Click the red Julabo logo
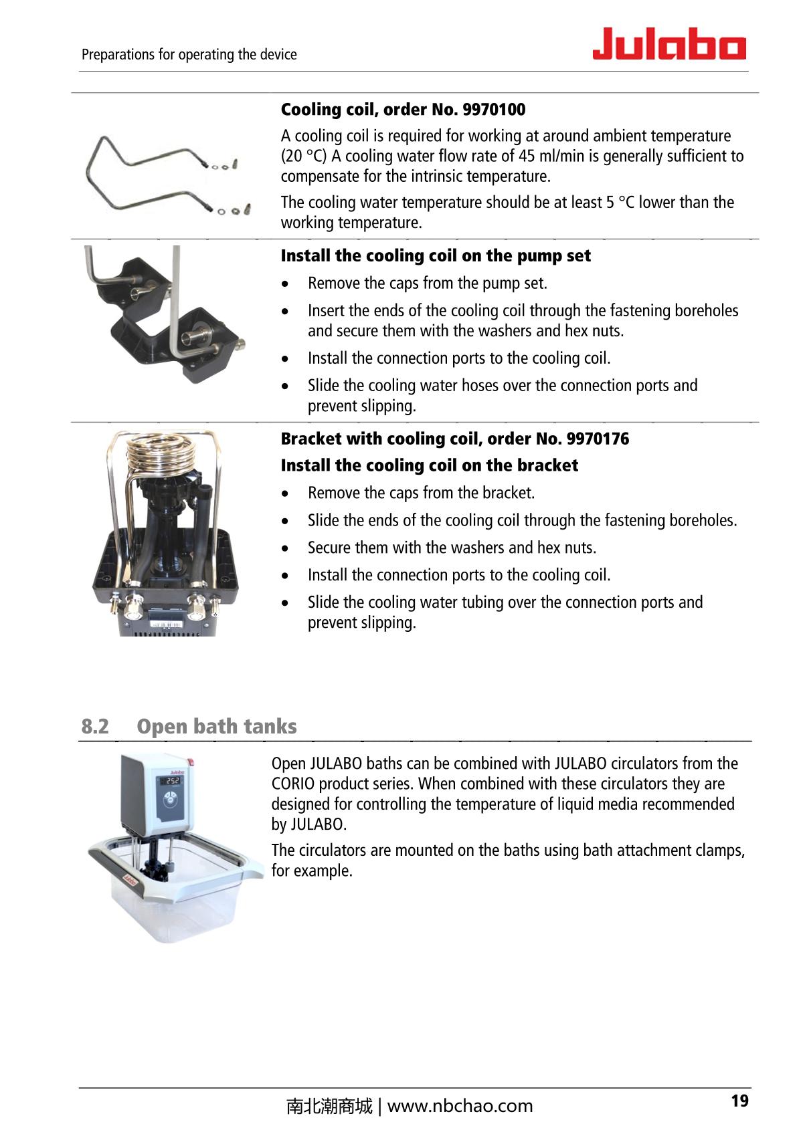pyautogui.click(x=668, y=44)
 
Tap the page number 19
pyautogui.click(x=739, y=1101)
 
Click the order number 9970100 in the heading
pyautogui.click(x=494, y=110)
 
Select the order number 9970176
pyautogui.click(x=598, y=439)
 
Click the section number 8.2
pyautogui.click(x=95, y=726)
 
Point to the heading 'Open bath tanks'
pyautogui.click(x=217, y=726)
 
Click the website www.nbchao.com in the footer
pyautogui.click(x=460, y=1106)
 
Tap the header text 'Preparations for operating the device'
pyautogui.click(x=189, y=54)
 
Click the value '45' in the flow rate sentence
pyautogui.click(x=527, y=156)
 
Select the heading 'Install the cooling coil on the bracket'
pyautogui.click(x=429, y=465)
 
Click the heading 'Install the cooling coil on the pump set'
pyautogui.click(x=436, y=256)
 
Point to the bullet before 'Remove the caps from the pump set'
pyautogui.click(x=286, y=284)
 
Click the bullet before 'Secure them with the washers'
pyautogui.click(x=286, y=548)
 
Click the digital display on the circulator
pyautogui.click(x=172, y=780)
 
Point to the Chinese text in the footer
pyautogui.click(x=329, y=1106)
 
